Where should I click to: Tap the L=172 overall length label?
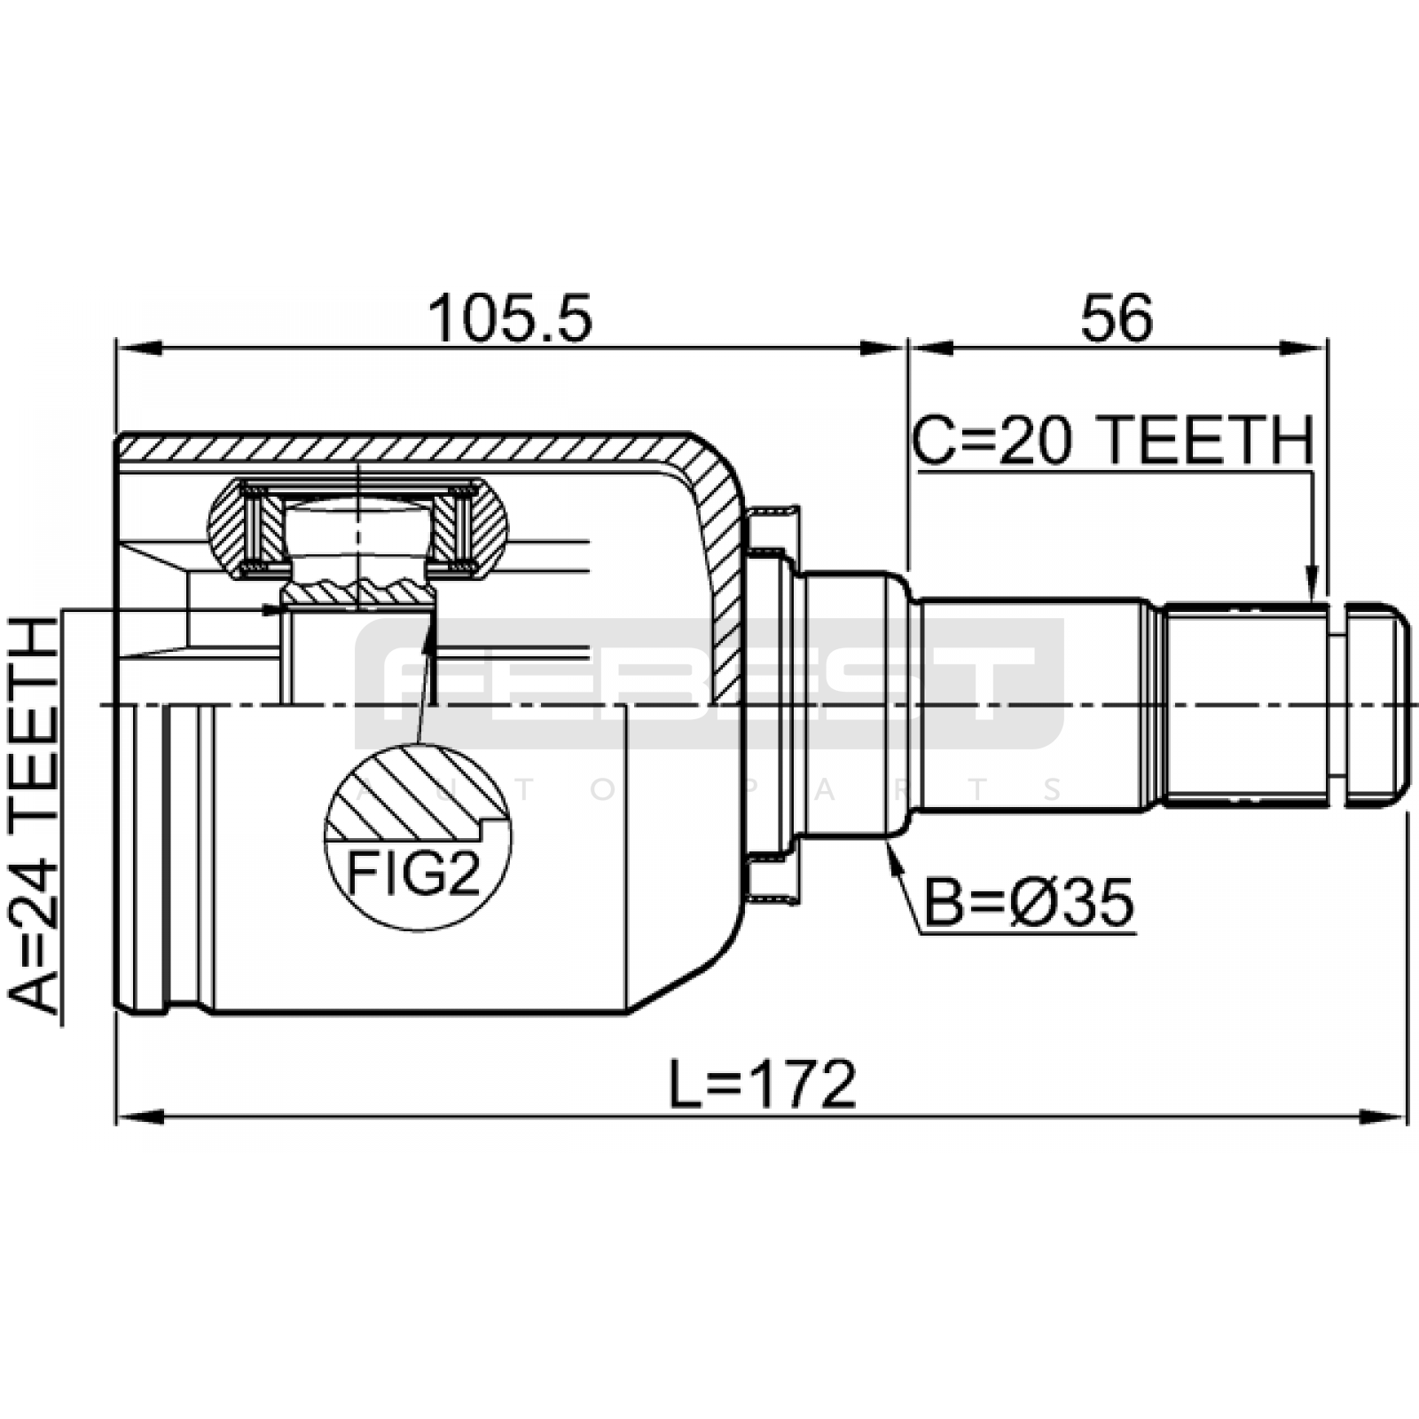[x=763, y=1083]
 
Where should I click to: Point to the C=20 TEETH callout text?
[x=1112, y=441]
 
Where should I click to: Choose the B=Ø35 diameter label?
[x=1029, y=903]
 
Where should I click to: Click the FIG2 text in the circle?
[x=413, y=874]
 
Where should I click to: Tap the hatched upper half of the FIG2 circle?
[x=417, y=794]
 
